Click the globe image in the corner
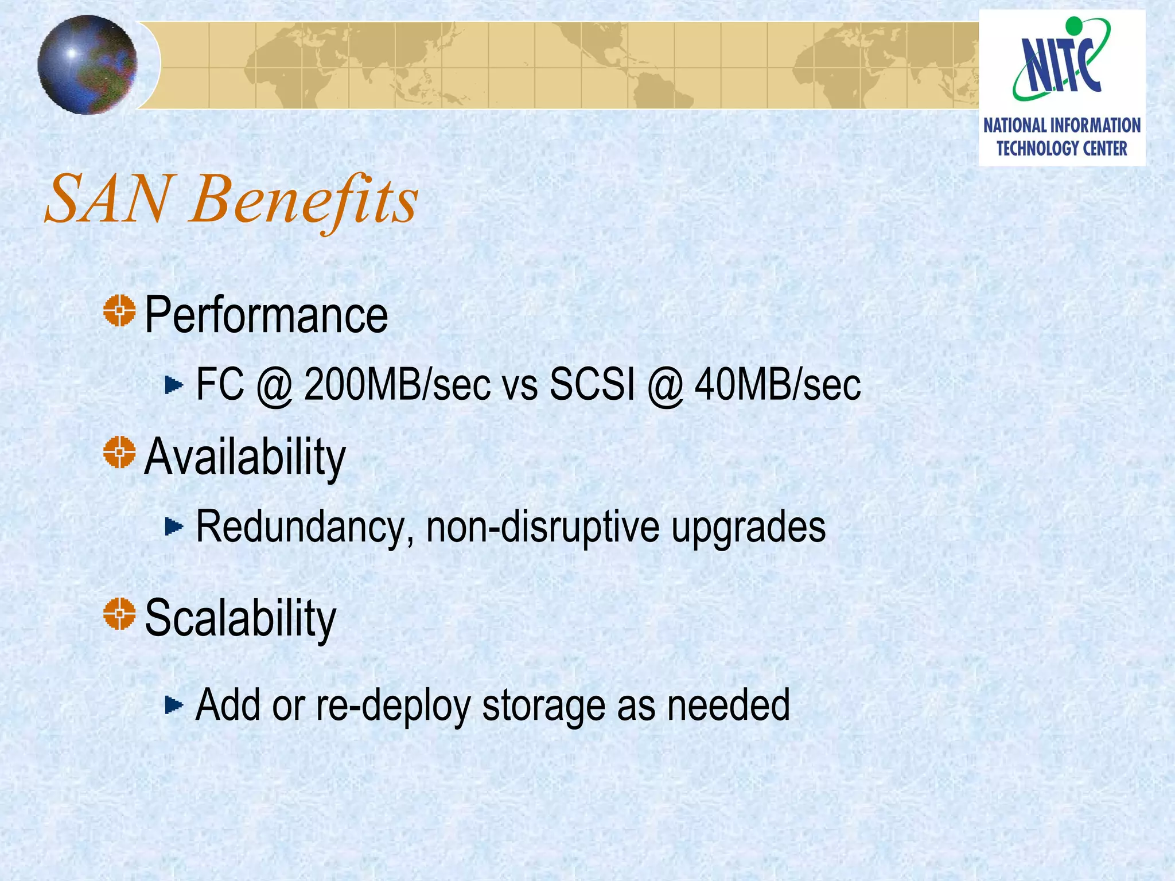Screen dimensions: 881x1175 (87, 65)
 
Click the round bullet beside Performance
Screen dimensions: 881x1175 (119, 311)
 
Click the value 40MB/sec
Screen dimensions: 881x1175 (777, 384)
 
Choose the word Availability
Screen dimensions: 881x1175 (245, 457)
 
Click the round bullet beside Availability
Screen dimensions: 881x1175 (119, 452)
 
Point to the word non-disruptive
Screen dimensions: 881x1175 (543, 527)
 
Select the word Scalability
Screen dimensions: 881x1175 (240, 619)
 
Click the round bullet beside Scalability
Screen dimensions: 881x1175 (119, 614)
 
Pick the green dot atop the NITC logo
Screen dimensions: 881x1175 (1073, 25)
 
